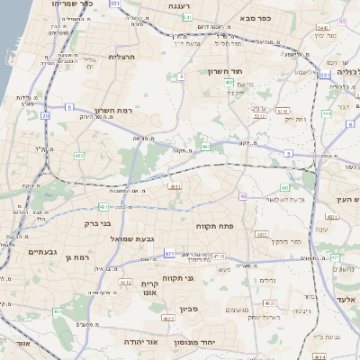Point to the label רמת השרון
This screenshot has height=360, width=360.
point(113,110)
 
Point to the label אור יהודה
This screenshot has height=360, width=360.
point(163,342)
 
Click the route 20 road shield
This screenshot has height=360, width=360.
point(70,107)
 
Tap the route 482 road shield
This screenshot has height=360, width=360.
point(79,156)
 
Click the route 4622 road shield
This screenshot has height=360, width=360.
point(167,318)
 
